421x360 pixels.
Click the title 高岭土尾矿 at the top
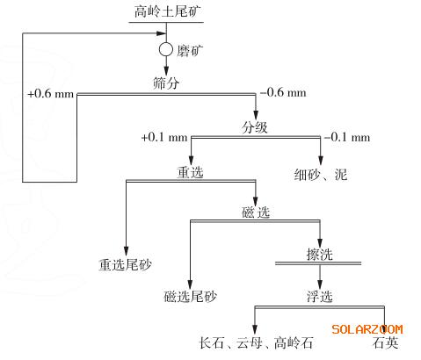pyautogui.click(x=167, y=11)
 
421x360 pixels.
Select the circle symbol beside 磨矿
pyautogui.click(x=166, y=49)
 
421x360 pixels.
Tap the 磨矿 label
pyautogui.click(x=190, y=51)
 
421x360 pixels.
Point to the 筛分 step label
pyautogui.click(x=166, y=83)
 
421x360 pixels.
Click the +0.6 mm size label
pyautogui.click(x=51, y=94)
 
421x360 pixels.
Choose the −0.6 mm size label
pyautogui.click(x=283, y=93)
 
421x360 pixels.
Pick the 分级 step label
pyautogui.click(x=255, y=127)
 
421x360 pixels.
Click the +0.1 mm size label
pyautogui.click(x=164, y=137)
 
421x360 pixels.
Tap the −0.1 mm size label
pyautogui.click(x=347, y=137)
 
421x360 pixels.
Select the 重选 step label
pyautogui.click(x=190, y=172)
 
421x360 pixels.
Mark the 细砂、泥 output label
pyautogui.click(x=321, y=175)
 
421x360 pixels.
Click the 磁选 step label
pyautogui.click(x=256, y=212)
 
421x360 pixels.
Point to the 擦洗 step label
pyautogui.click(x=320, y=255)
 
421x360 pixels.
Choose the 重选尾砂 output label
pyautogui.click(x=125, y=265)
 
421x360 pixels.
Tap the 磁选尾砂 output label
pyautogui.click(x=190, y=297)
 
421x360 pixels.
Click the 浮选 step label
pyautogui.click(x=320, y=297)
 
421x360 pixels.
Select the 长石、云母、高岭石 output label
pyautogui.click(x=256, y=342)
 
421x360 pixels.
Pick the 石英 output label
pyautogui.click(x=386, y=342)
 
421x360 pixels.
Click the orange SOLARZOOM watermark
pyautogui.click(x=367, y=329)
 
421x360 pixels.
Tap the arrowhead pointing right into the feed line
pyautogui.click(x=162, y=33)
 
